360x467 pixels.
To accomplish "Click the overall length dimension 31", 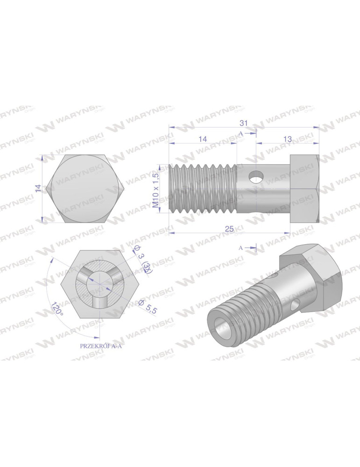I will tap(243, 123).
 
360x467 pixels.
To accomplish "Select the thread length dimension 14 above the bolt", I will tap(203, 139).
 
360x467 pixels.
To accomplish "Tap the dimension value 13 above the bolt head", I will tap(287, 139).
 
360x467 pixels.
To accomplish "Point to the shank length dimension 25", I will tap(229, 228).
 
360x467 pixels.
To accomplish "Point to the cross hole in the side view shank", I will tap(255, 177).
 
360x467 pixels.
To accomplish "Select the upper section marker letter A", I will tap(241, 134).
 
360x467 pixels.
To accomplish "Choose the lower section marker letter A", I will tap(241, 248).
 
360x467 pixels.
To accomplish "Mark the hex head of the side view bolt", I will tap(304, 189).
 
